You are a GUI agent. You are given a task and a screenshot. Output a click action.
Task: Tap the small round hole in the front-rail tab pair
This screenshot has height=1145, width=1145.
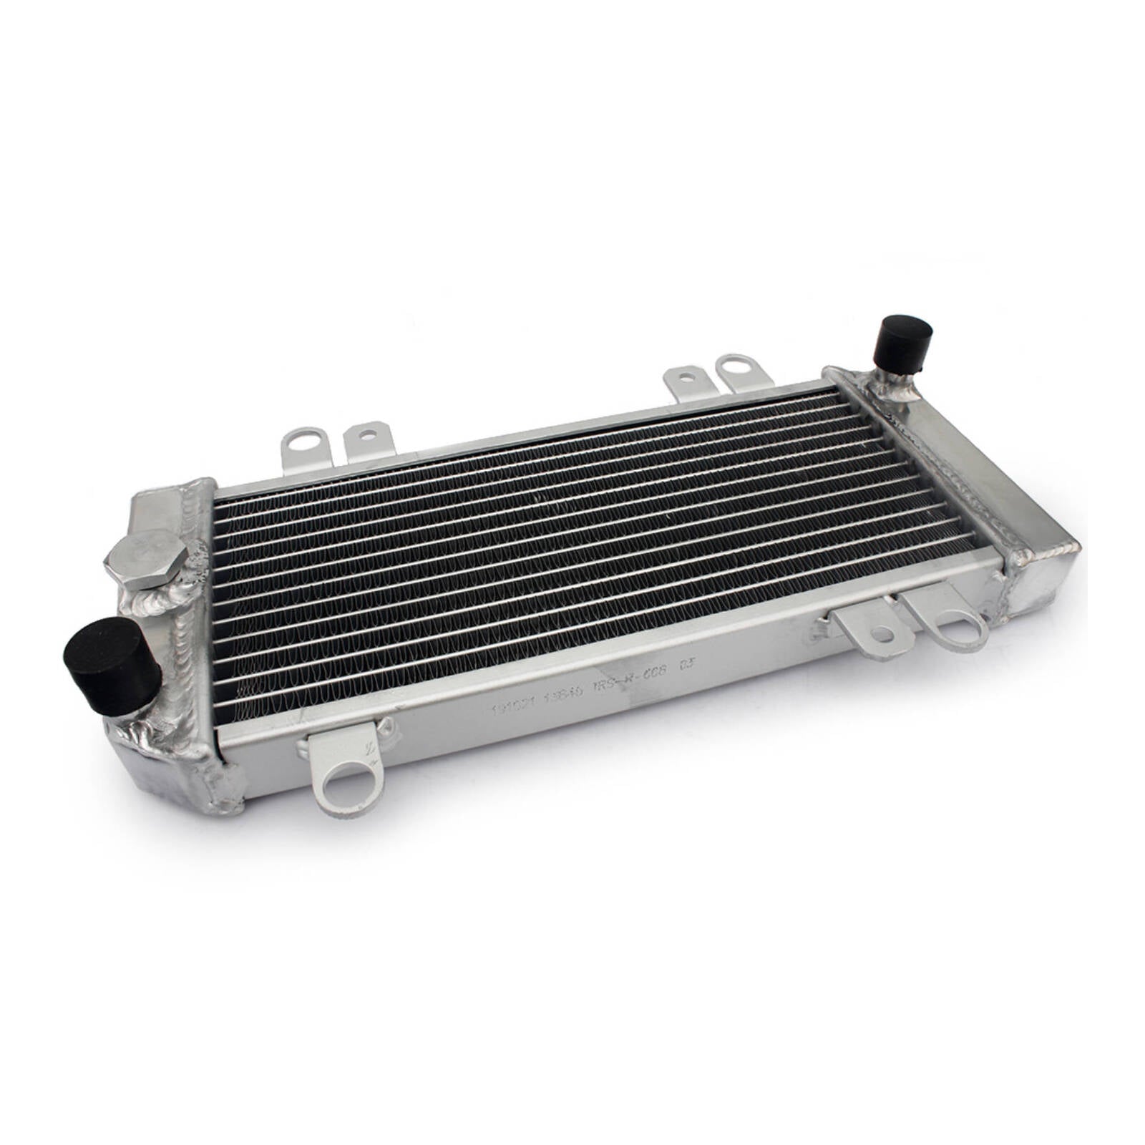pyautogui.click(x=885, y=633)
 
